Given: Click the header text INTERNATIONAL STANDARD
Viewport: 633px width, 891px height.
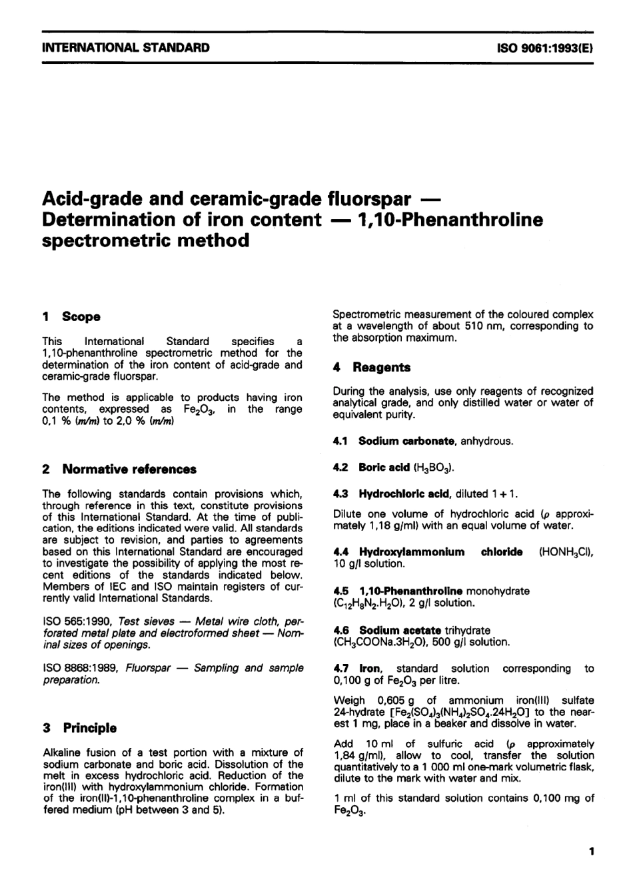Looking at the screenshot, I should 125,48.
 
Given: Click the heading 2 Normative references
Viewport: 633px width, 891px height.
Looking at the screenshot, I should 119,469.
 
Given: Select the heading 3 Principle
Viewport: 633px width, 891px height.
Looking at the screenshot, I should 79,729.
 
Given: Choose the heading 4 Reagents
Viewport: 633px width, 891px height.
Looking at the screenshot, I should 372,368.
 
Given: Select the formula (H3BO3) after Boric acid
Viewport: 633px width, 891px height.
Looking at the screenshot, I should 434,467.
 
